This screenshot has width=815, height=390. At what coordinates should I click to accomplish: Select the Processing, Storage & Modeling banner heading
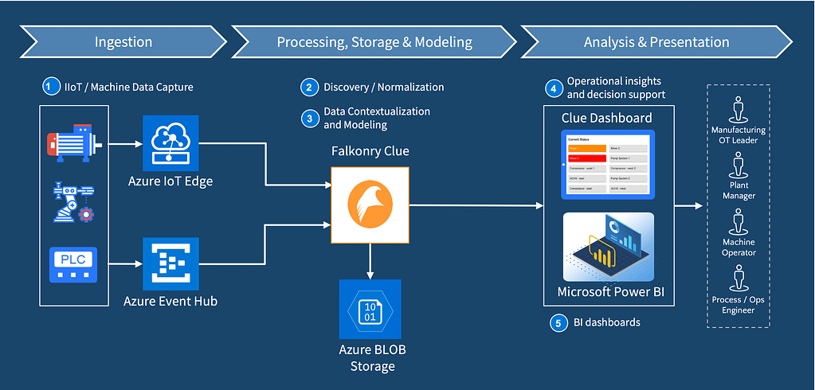(374, 42)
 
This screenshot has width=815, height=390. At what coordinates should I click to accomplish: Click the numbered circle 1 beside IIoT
(52, 86)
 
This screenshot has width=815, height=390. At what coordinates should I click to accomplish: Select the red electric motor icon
(72, 142)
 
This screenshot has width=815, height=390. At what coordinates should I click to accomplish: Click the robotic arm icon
(73, 201)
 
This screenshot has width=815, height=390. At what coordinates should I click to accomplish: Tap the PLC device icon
(73, 263)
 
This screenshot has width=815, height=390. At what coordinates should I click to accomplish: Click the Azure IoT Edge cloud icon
(170, 142)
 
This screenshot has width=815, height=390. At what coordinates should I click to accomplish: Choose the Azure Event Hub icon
(170, 263)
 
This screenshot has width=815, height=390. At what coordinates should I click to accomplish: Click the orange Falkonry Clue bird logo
(370, 205)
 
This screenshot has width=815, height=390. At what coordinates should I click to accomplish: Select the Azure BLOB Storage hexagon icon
(370, 309)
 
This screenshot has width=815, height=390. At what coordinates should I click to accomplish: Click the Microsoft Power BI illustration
(608, 247)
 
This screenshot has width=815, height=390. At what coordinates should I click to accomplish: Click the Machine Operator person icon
(739, 220)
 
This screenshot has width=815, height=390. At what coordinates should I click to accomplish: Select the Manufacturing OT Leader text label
(739, 135)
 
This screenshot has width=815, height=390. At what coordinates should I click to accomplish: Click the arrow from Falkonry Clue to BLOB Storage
(370, 259)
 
